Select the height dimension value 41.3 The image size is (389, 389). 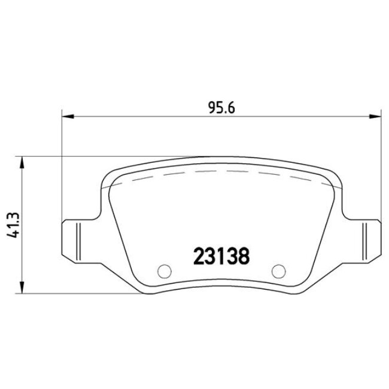13,225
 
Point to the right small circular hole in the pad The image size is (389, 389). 277,271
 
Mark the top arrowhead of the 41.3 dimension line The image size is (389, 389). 22,160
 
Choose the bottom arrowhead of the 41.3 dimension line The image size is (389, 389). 22,290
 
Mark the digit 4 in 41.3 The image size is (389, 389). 13,238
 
